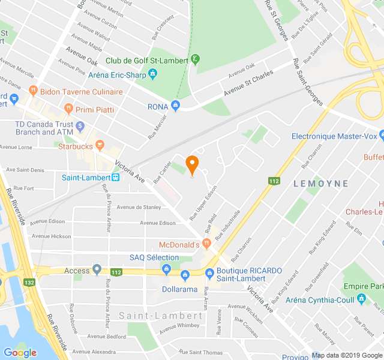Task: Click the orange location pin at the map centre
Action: pyautogui.click(x=192, y=164)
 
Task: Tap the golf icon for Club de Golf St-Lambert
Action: pyautogui.click(x=196, y=59)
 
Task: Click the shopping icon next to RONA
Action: pyautogui.click(x=175, y=106)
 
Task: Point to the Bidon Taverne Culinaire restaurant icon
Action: pyautogui.click(x=32, y=92)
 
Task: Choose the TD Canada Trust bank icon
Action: pyautogui.click(x=80, y=125)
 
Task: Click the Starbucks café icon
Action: pyautogui.click(x=100, y=145)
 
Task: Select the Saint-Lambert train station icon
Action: pyautogui.click(x=115, y=177)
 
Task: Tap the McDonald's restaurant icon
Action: pyautogui.click(x=206, y=243)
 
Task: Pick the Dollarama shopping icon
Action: pyautogui.click(x=185, y=275)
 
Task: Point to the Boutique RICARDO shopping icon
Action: pyautogui.click(x=209, y=274)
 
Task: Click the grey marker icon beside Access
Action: pyautogui.click(x=97, y=270)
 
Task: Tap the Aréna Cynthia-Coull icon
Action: pyautogui.click(x=361, y=298)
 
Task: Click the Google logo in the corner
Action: pyautogui.click(x=20, y=353)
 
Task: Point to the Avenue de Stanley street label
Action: pyautogui.click(x=139, y=208)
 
